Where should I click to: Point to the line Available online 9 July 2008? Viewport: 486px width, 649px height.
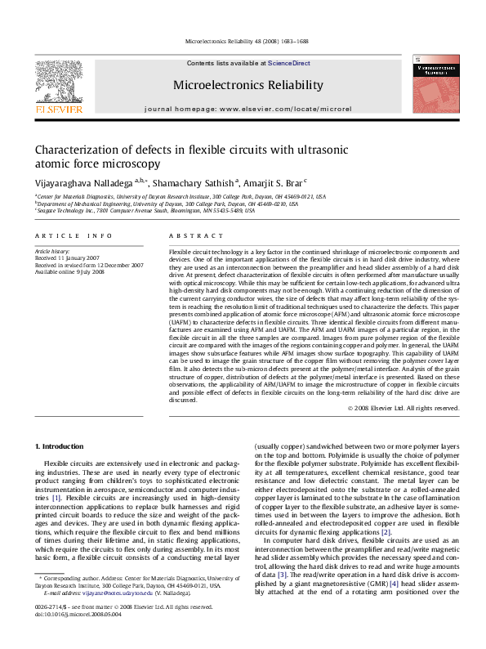tap(69, 272)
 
